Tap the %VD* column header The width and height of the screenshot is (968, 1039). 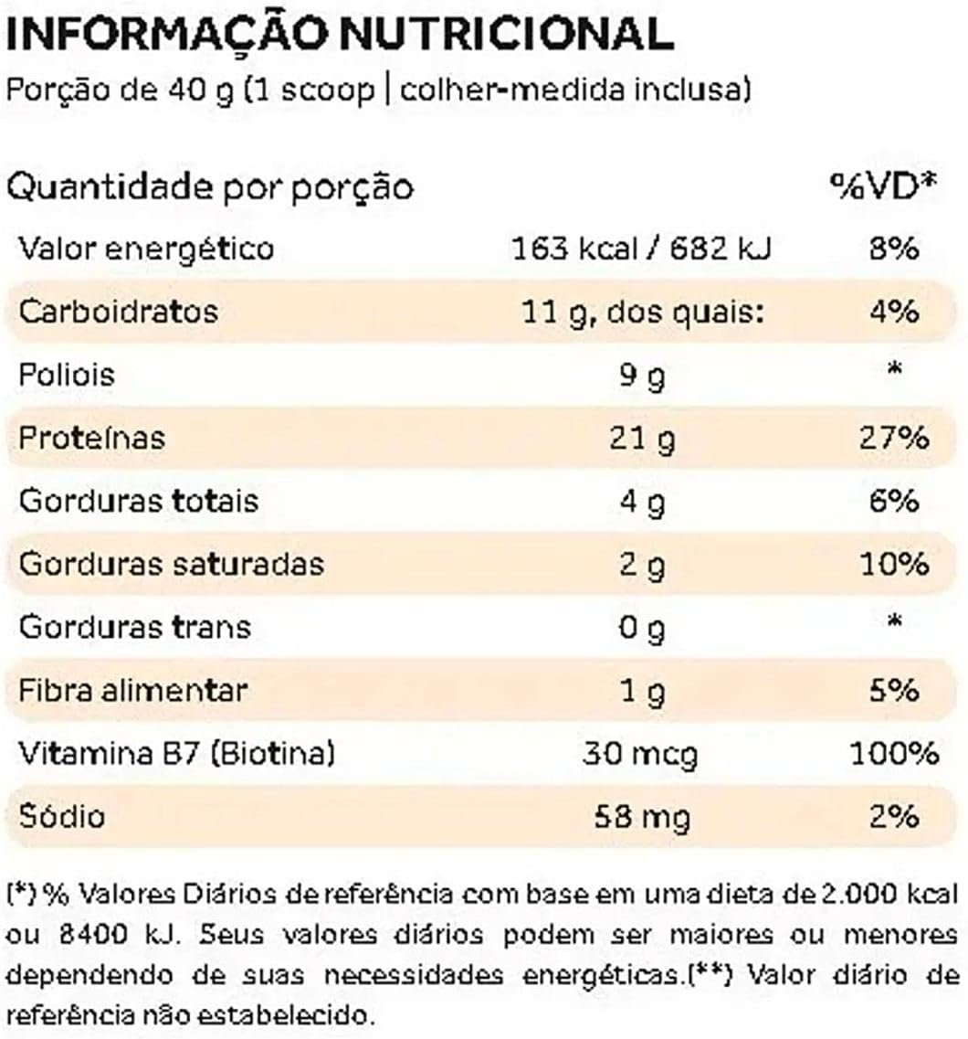point(885,186)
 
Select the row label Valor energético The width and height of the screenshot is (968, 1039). point(146,249)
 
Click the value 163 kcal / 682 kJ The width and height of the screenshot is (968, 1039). point(642,249)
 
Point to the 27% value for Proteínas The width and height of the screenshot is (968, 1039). point(894,439)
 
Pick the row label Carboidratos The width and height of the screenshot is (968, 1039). point(119,312)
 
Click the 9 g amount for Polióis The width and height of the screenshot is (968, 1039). point(642,376)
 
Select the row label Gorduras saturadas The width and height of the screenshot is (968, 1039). point(172,564)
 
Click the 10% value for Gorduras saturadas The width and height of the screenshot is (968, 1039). point(894,565)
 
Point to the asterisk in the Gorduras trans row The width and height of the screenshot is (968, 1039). point(895,620)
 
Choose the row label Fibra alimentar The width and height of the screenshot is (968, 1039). point(133,691)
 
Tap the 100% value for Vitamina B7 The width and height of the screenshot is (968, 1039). point(895,754)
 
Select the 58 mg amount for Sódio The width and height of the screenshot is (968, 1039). point(642,817)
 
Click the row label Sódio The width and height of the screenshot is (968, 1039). point(61,816)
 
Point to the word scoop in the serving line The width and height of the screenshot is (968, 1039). point(328,90)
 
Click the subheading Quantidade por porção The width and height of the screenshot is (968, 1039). point(210,187)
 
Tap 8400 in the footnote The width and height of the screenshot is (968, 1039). point(92,935)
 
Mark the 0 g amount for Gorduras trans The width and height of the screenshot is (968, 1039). point(642,628)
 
